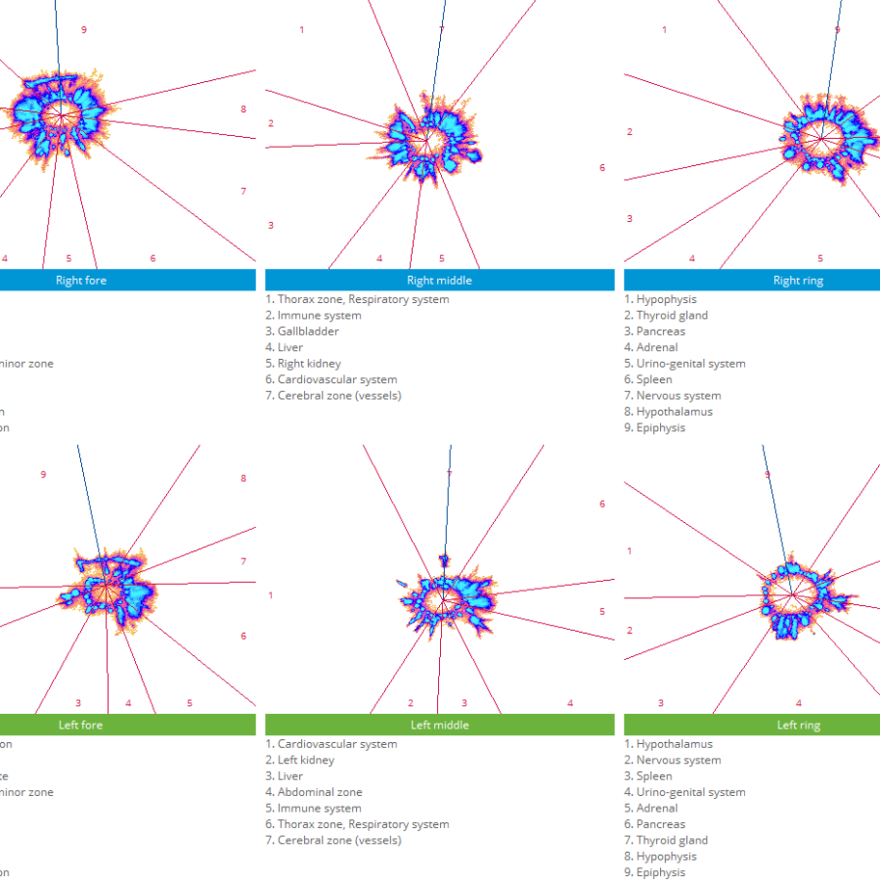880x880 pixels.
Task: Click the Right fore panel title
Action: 81,281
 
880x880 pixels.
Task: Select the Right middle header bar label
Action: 439,281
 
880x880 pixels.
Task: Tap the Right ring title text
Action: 798,281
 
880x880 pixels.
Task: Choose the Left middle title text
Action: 439,726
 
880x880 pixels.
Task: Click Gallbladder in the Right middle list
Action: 308,331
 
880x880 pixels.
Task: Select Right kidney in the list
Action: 309,364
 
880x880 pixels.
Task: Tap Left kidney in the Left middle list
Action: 305,760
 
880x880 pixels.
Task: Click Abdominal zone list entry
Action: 320,792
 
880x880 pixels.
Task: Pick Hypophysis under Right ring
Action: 666,299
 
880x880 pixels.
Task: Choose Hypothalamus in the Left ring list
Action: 675,744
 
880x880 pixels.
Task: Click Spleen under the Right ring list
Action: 654,379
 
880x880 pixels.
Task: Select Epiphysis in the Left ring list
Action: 661,872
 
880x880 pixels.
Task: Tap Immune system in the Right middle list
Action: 319,316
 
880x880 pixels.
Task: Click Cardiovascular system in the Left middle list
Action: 336,744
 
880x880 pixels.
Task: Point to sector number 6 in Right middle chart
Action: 602,168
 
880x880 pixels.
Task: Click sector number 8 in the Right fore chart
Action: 243,110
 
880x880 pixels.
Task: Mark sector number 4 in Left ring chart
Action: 799,703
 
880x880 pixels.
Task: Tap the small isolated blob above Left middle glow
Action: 444,560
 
